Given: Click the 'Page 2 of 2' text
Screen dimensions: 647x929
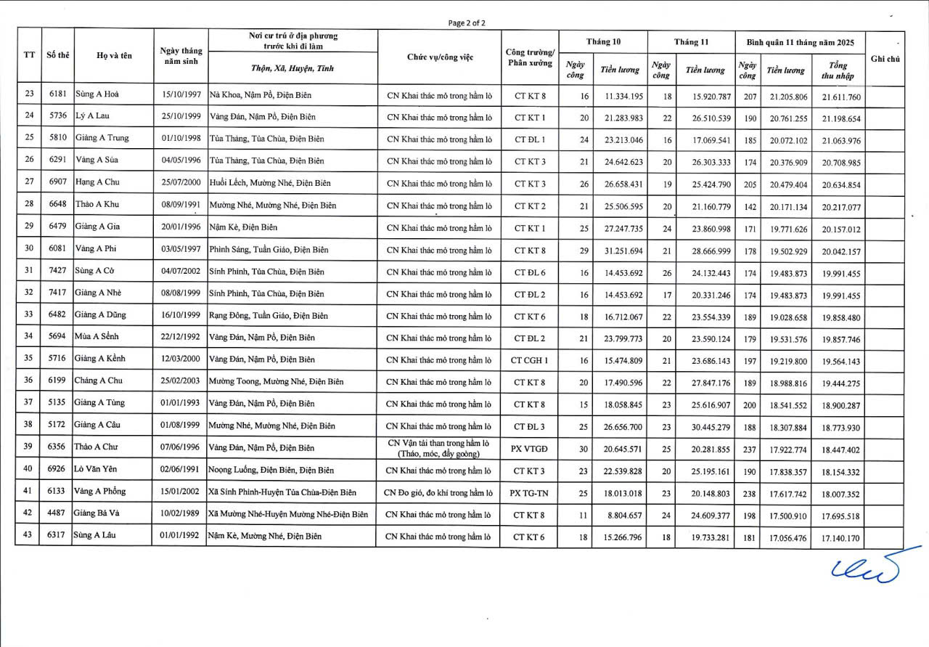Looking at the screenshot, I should click(x=467, y=23).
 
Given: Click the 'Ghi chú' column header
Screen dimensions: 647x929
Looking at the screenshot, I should click(x=885, y=59).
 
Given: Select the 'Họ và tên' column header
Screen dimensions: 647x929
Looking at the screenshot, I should click(x=113, y=57).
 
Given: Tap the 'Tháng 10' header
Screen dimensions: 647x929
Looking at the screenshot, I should click(x=602, y=41).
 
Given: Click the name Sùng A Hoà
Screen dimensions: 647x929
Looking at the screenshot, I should click(x=97, y=94).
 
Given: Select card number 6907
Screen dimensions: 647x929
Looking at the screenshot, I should click(x=57, y=182).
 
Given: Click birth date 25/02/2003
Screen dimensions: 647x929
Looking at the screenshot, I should click(x=181, y=382).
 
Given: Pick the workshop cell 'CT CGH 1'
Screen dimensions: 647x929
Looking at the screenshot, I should click(x=529, y=360).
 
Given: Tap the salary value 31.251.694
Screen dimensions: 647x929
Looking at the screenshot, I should click(x=618, y=250).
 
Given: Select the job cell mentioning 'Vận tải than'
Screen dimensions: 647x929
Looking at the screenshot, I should click(x=438, y=448).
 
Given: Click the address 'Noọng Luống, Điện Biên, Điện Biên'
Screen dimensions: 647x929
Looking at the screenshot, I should click(x=271, y=471).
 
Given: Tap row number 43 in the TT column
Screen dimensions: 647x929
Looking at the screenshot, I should click(x=29, y=536).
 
